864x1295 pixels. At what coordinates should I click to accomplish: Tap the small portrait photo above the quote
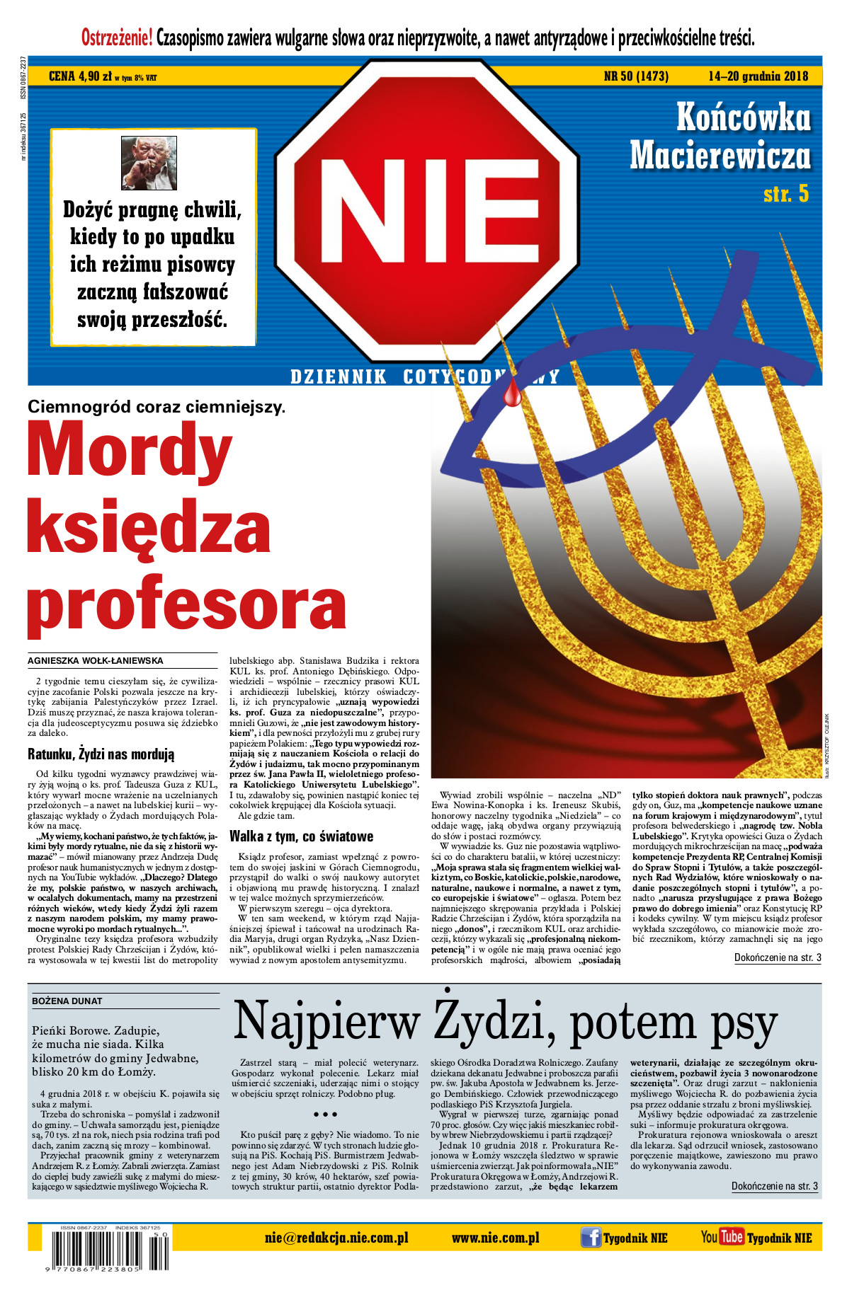(x=149, y=163)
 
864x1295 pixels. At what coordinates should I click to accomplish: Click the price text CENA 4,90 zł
(x=80, y=76)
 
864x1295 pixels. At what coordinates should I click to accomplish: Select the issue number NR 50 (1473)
(x=636, y=76)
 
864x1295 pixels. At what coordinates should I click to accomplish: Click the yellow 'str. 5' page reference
(x=785, y=194)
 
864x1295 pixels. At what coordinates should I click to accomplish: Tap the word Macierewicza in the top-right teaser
(x=720, y=155)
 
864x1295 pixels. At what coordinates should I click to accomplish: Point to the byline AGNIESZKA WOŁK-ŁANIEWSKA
(x=96, y=660)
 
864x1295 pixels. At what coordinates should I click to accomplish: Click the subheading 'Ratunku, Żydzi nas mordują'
(x=101, y=754)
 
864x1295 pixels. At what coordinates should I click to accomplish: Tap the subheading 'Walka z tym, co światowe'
(x=301, y=836)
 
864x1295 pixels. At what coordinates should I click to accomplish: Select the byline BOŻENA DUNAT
(x=67, y=1001)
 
